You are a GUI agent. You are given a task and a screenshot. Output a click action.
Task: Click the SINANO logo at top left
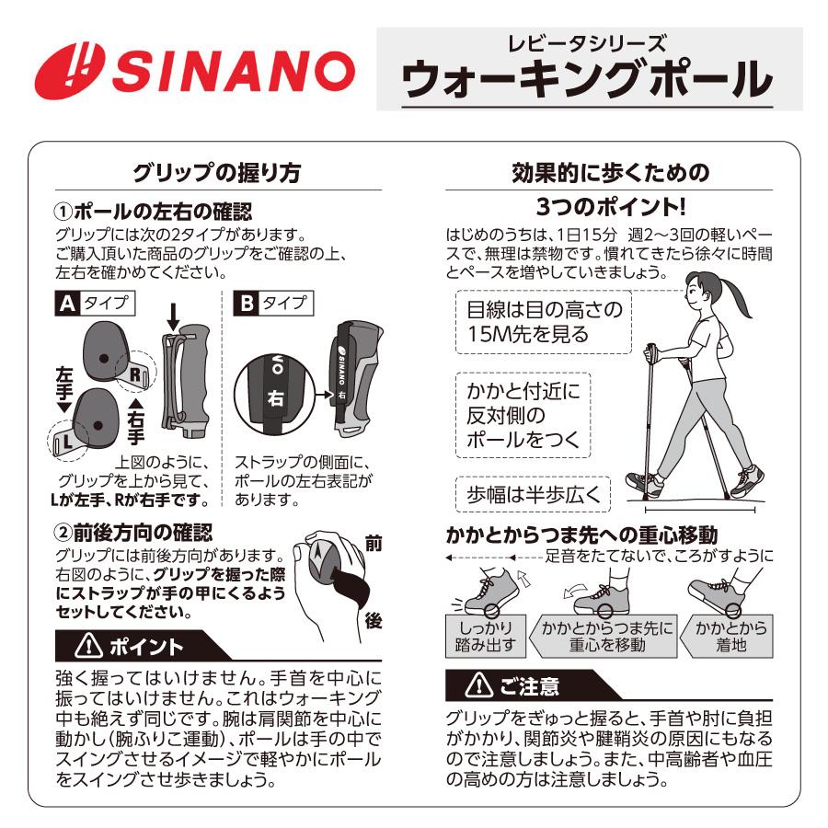click(x=194, y=71)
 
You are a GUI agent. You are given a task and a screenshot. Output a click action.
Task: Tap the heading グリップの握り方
click(x=216, y=173)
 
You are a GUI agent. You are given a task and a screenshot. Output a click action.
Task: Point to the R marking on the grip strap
click(x=135, y=374)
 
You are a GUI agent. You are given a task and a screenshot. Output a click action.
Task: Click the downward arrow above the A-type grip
click(x=173, y=317)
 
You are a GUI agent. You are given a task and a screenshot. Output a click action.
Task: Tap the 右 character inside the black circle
click(x=276, y=398)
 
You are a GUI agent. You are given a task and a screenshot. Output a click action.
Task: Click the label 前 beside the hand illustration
click(x=373, y=544)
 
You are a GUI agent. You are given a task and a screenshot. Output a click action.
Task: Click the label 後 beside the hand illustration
click(x=373, y=621)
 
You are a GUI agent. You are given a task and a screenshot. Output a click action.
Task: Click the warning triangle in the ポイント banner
click(x=91, y=647)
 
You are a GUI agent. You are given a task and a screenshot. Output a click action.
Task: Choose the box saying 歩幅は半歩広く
click(x=533, y=494)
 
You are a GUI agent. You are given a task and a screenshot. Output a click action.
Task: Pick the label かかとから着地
click(x=732, y=636)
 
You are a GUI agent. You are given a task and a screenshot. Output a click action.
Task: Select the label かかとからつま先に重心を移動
click(x=606, y=636)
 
